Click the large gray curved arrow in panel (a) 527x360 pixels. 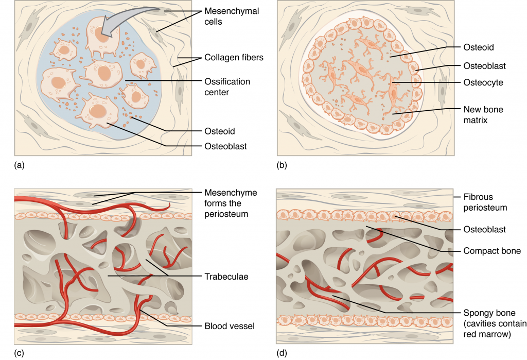129,21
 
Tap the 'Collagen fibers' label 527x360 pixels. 234,57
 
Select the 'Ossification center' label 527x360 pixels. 227,87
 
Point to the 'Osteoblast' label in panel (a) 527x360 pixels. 225,146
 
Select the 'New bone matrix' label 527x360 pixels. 482,114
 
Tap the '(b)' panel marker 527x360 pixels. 282,165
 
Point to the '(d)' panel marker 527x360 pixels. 282,353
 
